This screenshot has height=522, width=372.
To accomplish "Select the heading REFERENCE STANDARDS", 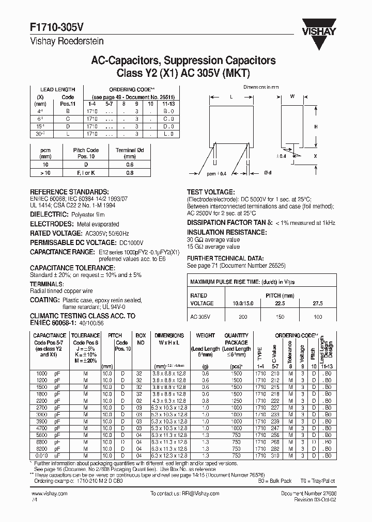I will (x=69, y=191).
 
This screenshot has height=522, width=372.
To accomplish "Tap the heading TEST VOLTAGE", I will (x=210, y=191).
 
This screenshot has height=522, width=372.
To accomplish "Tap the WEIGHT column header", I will (x=205, y=335).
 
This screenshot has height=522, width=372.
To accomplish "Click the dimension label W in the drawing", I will (x=292, y=96).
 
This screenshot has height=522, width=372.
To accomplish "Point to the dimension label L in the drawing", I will (x=231, y=96).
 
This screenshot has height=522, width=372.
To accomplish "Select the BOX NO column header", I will (x=140, y=338).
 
